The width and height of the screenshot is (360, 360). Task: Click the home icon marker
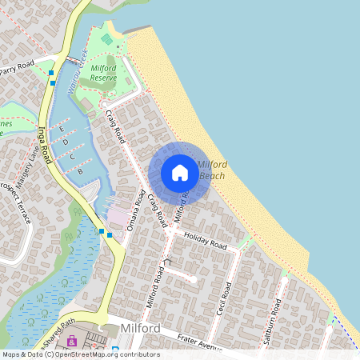click(x=180, y=173)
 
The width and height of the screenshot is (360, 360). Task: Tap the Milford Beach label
click(x=211, y=170)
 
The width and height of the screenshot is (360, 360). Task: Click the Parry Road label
click(x=18, y=65)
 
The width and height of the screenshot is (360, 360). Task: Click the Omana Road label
click(x=134, y=210)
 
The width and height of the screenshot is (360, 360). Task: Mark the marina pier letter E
click(x=62, y=129)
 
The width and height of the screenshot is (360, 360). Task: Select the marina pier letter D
click(x=66, y=142)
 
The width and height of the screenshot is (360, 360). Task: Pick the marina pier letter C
click(x=72, y=156)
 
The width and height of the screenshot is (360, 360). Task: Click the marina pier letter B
click(x=80, y=170)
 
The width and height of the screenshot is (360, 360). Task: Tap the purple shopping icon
click(x=72, y=342)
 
